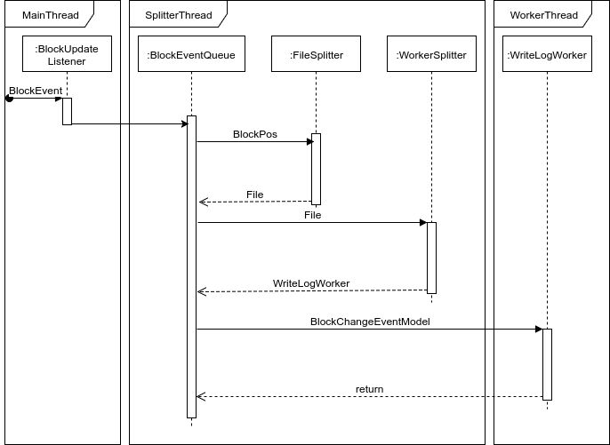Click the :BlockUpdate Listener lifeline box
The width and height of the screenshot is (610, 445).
(67, 55)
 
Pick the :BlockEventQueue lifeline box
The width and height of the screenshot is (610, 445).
(191, 55)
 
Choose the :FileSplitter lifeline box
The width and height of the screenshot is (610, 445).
(316, 55)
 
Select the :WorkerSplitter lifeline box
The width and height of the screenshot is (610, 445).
(431, 55)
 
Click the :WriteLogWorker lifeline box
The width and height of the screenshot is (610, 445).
(547, 55)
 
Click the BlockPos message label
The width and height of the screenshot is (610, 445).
(254, 134)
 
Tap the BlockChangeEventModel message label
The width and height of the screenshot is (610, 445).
(370, 322)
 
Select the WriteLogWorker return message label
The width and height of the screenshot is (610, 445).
(310, 283)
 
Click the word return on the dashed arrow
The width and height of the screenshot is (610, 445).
(369, 389)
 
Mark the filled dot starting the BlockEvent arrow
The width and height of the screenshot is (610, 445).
(9, 98)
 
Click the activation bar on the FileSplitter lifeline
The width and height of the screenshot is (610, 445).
(316, 169)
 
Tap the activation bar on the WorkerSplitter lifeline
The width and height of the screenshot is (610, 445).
(431, 258)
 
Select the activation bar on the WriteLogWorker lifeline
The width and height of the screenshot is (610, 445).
(547, 364)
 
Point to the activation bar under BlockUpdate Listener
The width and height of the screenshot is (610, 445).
(67, 111)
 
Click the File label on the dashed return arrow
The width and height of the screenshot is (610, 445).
(254, 195)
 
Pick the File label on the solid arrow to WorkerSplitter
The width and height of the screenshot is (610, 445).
(312, 215)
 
